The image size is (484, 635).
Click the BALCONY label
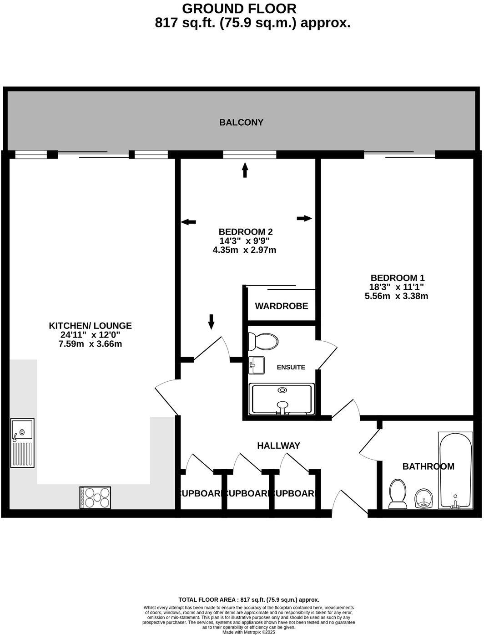241,122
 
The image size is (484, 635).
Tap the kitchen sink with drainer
22,443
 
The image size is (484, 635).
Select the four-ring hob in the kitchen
96,497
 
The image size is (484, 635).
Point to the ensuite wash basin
257,365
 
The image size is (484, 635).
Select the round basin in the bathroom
423,499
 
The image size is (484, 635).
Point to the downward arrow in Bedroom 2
211,321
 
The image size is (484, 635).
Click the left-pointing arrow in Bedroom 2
188,222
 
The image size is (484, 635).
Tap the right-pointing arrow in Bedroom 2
304,219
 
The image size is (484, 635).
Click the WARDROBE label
281,306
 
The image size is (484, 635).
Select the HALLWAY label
278,446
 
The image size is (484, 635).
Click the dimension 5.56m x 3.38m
396,296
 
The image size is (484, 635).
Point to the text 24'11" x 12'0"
90,335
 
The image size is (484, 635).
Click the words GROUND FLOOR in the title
239,8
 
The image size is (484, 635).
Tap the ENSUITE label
291,367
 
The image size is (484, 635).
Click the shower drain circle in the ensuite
283,390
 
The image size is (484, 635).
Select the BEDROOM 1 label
398,277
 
